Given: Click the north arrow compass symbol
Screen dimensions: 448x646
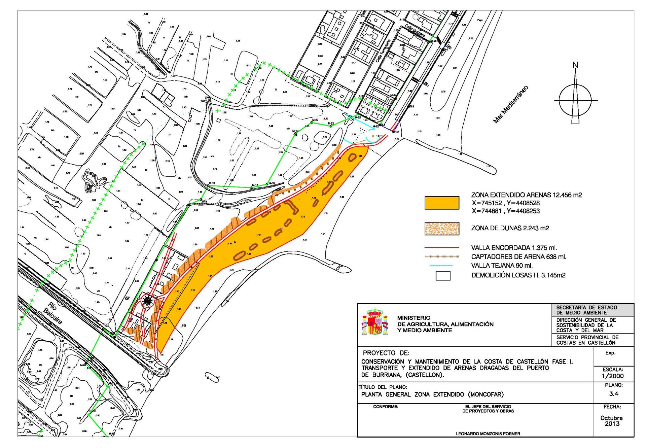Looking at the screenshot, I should (x=575, y=100).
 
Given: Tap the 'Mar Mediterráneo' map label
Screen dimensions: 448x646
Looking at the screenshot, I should (x=511, y=104).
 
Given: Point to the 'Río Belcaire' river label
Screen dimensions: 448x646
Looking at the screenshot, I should (x=52, y=313).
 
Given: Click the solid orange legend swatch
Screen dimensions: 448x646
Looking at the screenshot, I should (x=442, y=203).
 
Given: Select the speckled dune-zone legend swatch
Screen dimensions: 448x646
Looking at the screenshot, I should (x=442, y=229).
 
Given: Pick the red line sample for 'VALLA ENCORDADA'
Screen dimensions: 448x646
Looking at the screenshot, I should (x=442, y=247).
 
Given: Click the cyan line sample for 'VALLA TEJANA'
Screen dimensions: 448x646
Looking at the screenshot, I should (x=442, y=266).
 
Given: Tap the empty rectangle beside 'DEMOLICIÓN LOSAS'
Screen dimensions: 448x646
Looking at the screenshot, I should (x=443, y=276).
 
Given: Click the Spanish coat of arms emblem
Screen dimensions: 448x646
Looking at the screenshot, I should (x=375, y=322).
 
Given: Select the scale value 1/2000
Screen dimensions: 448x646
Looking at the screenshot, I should (x=613, y=376).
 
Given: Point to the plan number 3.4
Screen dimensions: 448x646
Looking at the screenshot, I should (x=614, y=394).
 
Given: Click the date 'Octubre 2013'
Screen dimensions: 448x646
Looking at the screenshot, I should (x=612, y=421).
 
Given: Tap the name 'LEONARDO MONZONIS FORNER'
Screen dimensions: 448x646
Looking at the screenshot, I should (x=488, y=434).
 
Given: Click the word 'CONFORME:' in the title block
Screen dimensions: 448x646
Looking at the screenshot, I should (x=385, y=407).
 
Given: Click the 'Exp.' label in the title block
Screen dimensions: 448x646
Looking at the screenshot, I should (x=610, y=353).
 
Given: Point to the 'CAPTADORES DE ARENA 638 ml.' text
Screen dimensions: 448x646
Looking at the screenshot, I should (x=518, y=257).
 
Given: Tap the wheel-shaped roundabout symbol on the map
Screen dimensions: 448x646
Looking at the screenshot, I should (x=147, y=301).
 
